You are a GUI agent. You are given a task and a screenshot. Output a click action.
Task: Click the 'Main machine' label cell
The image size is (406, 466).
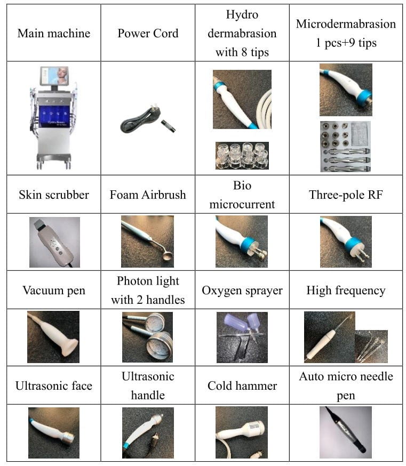pos(54,33)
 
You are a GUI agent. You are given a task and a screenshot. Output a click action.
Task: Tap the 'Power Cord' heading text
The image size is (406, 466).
pos(148,33)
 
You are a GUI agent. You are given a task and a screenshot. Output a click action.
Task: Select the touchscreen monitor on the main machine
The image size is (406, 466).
pos(54,76)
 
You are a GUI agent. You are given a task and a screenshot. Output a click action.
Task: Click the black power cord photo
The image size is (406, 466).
pos(148,120)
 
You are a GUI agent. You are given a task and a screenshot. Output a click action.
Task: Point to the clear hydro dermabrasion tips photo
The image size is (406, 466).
pos(242,156)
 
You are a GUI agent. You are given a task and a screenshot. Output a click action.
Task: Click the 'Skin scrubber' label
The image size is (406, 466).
pos(54,195)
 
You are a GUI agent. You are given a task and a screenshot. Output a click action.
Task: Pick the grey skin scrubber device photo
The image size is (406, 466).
pos(54,242)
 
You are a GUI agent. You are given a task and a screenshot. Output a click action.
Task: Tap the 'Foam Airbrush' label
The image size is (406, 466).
pos(148,195)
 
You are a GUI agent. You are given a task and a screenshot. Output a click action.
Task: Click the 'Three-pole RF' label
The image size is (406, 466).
pos(346,195)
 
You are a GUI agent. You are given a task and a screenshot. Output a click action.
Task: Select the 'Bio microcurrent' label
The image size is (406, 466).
pos(242,195)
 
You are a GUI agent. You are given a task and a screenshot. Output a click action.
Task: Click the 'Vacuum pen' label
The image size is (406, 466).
pos(54,290)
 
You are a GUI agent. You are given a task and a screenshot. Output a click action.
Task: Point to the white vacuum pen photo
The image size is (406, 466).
pos(53,337)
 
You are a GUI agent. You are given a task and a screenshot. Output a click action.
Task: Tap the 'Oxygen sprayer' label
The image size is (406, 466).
pos(242,291)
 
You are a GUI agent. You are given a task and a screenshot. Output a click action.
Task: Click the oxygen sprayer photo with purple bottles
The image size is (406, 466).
pos(242,338)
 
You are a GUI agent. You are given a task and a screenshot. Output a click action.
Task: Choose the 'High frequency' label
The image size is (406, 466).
pos(346,291)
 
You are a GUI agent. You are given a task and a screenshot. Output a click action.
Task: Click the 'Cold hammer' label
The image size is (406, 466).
pos(242,386)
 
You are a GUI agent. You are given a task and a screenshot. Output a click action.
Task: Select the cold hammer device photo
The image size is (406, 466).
pos(242,432)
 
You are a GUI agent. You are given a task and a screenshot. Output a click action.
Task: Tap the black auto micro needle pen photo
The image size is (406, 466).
pos(346,432)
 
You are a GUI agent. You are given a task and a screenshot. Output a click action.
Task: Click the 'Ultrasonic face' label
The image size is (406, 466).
pos(54,386)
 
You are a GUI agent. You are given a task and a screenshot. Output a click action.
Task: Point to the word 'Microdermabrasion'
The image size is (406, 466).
pos(346,24)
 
